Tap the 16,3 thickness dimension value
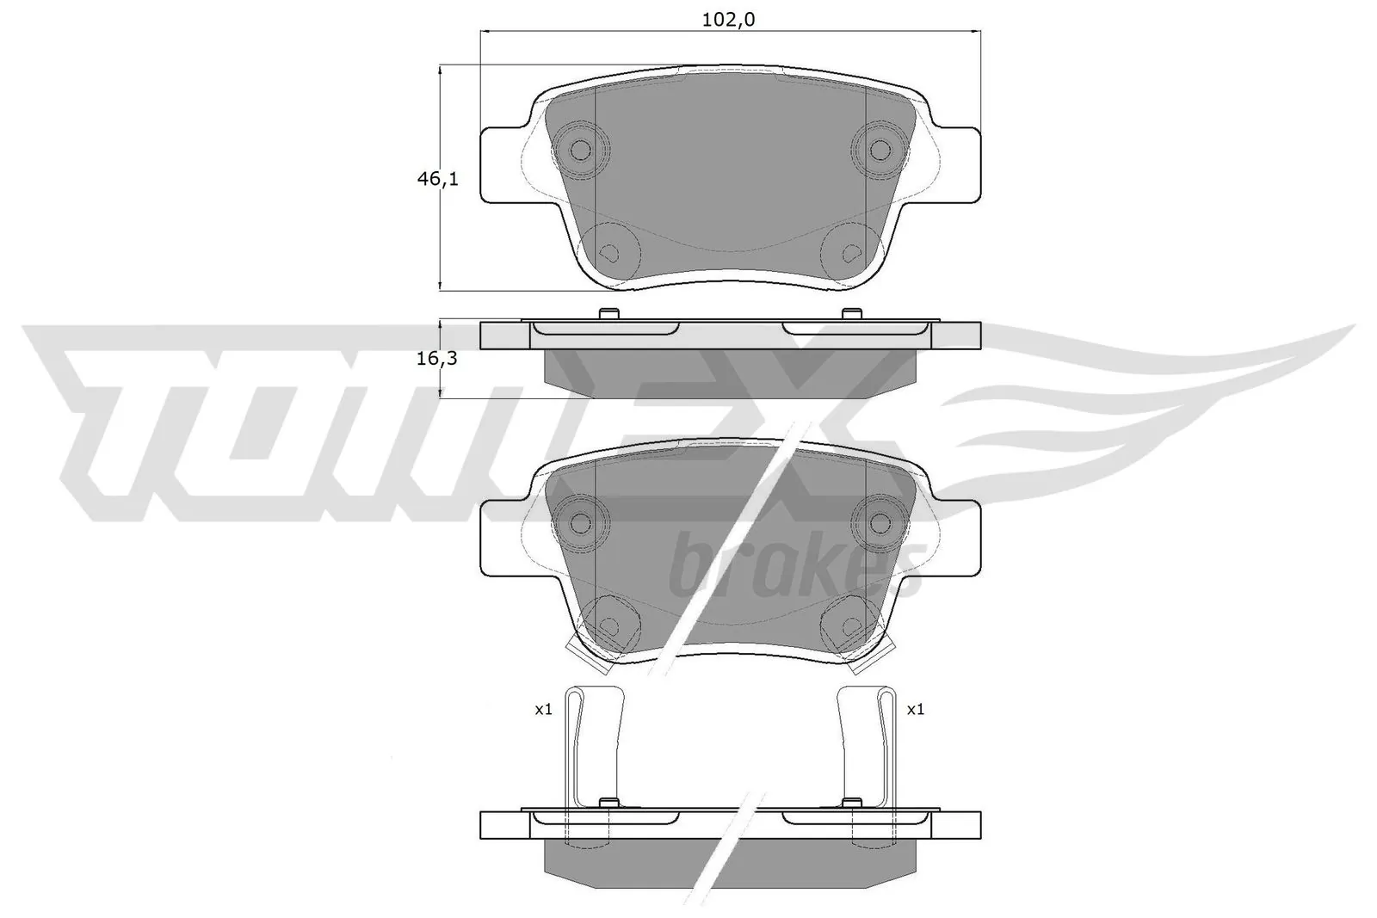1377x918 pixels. pyautogui.click(x=436, y=359)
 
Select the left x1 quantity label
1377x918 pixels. pyautogui.click(x=543, y=710)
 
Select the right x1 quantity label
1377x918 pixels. pyautogui.click(x=915, y=710)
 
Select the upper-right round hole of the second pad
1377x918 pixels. pyautogui.click(x=879, y=521)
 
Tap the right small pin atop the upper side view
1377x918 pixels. pyautogui.click(x=851, y=314)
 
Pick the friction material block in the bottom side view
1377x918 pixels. pyautogui.click(x=731, y=860)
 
